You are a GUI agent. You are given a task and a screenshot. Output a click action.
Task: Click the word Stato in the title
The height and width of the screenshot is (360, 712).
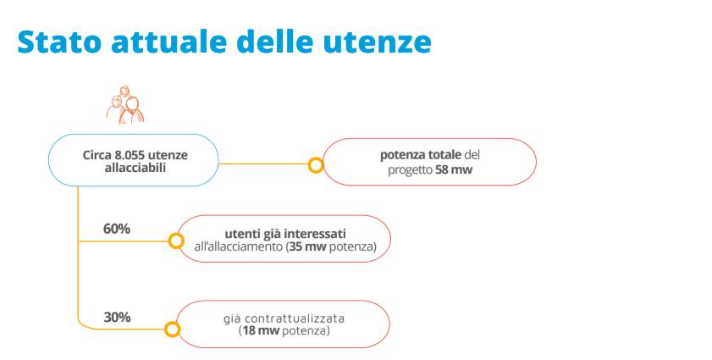pyautogui.click(x=59, y=42)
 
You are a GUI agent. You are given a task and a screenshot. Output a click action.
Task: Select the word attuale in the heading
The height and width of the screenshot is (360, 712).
pyautogui.click(x=168, y=42)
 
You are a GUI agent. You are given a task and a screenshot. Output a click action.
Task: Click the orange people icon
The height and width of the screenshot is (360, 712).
pyautogui.click(x=125, y=105)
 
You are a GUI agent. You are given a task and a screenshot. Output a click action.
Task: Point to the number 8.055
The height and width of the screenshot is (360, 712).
pyautogui.click(x=130, y=155)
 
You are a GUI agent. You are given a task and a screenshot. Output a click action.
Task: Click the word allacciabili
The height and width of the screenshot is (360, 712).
pyautogui.click(x=135, y=168)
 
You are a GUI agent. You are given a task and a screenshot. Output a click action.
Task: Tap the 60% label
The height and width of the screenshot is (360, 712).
pyautogui.click(x=117, y=229)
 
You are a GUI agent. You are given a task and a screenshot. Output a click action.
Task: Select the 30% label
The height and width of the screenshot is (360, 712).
pyautogui.click(x=117, y=317)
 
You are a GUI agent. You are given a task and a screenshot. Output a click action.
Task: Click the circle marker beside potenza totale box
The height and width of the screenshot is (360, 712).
pyautogui.click(x=316, y=165)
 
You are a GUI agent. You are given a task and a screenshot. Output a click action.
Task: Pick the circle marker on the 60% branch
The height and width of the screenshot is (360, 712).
pyautogui.click(x=176, y=241)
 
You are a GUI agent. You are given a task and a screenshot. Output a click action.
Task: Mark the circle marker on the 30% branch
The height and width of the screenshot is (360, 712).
pyautogui.click(x=172, y=330)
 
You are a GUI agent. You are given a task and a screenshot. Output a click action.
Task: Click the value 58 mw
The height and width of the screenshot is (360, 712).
pyautogui.click(x=454, y=170)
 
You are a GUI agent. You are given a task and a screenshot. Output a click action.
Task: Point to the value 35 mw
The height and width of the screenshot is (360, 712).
pyautogui.click(x=307, y=246)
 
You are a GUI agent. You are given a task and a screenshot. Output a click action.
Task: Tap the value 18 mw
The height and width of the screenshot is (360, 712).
pyautogui.click(x=261, y=330)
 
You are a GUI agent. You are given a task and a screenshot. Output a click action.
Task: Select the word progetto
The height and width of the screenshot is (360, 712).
pyautogui.click(x=410, y=170)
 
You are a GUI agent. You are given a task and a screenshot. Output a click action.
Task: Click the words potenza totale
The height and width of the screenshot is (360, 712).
pyautogui.click(x=421, y=155)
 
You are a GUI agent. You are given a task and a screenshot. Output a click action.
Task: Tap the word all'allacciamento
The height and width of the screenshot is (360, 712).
pyautogui.click(x=239, y=246)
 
